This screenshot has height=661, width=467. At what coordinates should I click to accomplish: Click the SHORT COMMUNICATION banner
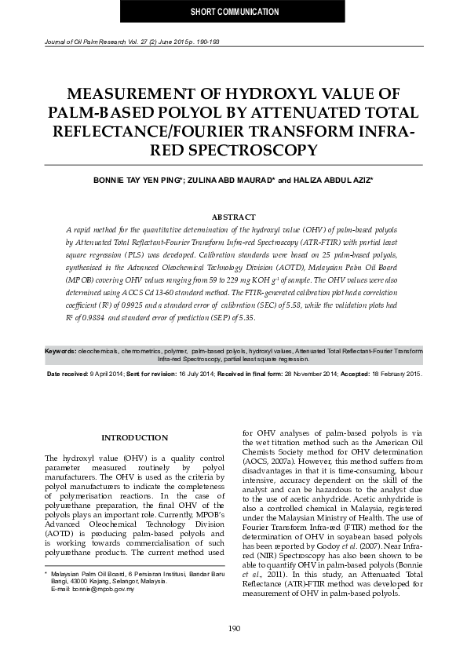tap(235, 12)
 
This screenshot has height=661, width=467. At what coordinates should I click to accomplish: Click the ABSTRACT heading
tap(234, 217)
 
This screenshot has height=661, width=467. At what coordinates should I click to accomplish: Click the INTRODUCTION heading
tap(135, 437)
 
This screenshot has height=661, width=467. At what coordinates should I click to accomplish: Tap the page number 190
tap(234, 628)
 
